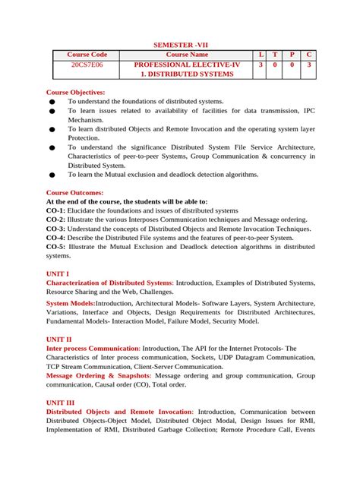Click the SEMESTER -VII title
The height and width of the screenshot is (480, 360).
pyautogui.click(x=180, y=46)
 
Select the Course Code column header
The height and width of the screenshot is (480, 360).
pyautogui.click(x=87, y=55)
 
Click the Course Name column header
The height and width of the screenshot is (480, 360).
pyautogui.click(x=187, y=55)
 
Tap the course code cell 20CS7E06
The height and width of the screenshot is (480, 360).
pyautogui.click(x=87, y=65)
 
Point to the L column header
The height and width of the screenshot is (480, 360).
pyautogui.click(x=261, y=55)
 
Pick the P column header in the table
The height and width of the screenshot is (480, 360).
pyautogui.click(x=292, y=55)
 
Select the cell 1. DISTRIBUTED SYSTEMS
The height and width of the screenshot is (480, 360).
pyautogui.click(x=187, y=75)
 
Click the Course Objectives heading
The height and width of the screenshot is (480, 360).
pyautogui.click(x=76, y=92)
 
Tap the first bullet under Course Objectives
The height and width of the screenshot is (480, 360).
pyautogui.click(x=52, y=102)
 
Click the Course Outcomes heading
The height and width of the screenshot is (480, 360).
pyautogui.click(x=74, y=192)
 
